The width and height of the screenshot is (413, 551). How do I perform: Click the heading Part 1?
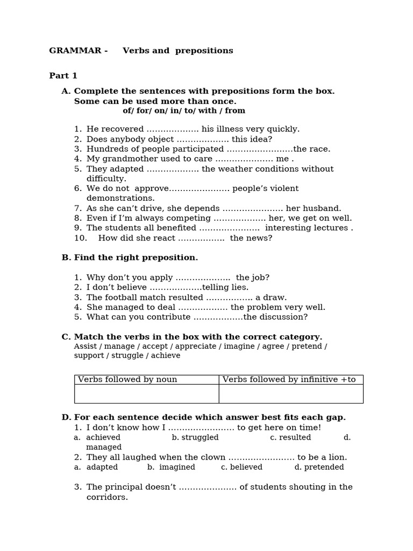tap(63, 76)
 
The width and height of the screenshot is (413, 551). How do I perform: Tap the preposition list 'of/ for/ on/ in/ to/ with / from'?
tap(184, 111)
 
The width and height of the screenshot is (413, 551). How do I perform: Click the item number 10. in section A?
tap(80, 238)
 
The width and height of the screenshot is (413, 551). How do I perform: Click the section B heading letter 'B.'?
tap(66, 258)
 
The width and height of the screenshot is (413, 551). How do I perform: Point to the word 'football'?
tap(123, 298)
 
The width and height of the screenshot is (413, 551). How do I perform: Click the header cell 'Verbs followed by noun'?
tap(127, 380)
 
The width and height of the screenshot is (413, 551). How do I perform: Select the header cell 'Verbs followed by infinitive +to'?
tap(289, 380)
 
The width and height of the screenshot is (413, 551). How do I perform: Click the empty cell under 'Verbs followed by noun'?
tap(146, 394)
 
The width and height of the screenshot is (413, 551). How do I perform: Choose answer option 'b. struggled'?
tap(195, 437)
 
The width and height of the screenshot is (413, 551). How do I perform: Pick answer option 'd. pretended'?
tap(319, 467)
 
